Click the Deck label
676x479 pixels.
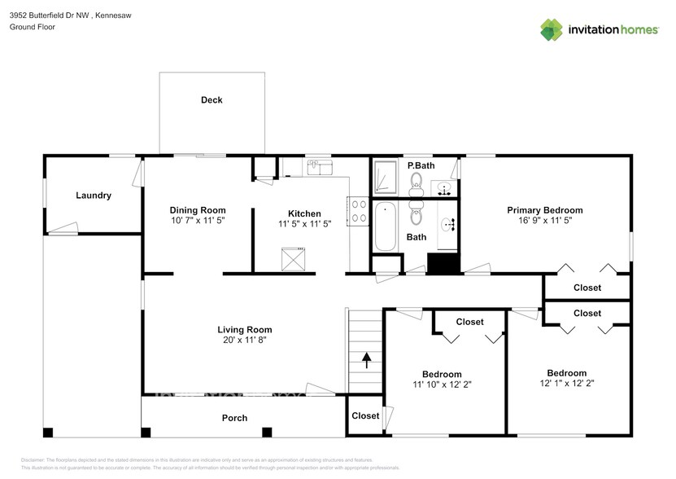point(212,100)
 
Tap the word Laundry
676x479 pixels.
point(94,196)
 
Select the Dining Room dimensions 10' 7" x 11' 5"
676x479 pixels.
point(198,221)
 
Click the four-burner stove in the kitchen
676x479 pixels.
point(358,210)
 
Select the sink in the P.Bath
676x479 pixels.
point(445,187)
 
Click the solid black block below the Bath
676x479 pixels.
point(443,264)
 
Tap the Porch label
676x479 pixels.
point(235,418)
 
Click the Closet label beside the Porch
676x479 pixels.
point(365,415)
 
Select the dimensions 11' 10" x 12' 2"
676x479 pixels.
point(442,384)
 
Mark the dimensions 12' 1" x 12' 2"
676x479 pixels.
point(566,384)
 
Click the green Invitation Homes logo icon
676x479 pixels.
point(552,29)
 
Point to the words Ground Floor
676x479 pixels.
point(32,27)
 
